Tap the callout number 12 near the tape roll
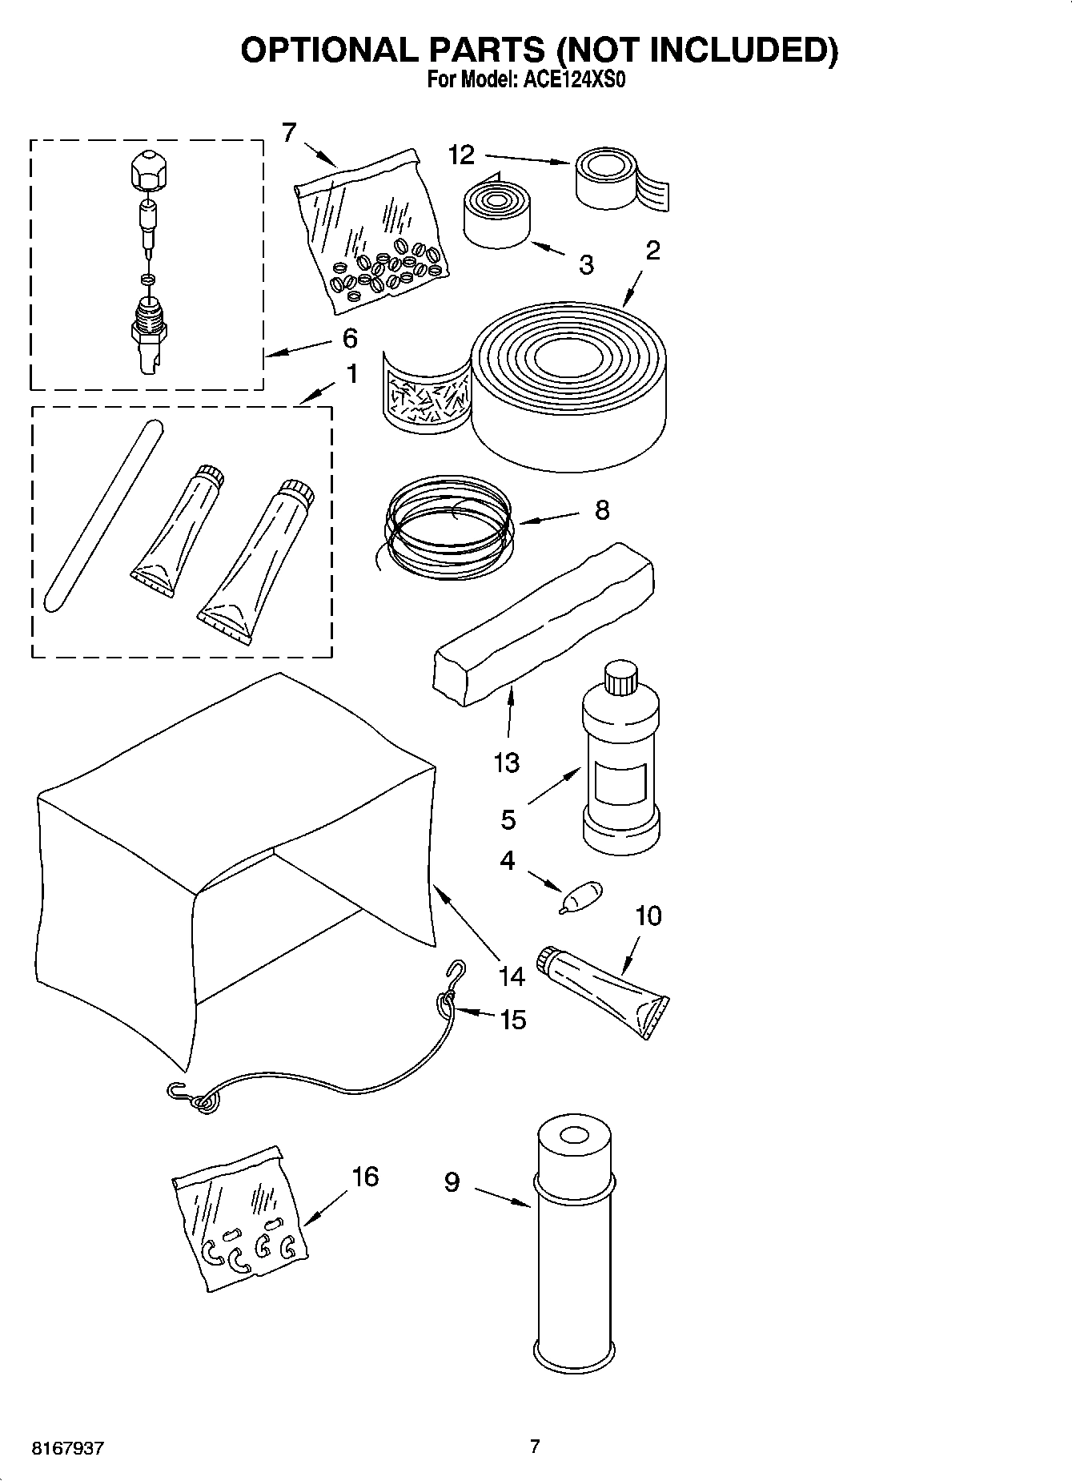tap(461, 155)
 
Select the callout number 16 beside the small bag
tap(365, 1177)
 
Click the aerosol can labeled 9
tap(574, 1250)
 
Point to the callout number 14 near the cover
tap(511, 976)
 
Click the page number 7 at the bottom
tap(535, 1446)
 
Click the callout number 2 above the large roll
tap(652, 252)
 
